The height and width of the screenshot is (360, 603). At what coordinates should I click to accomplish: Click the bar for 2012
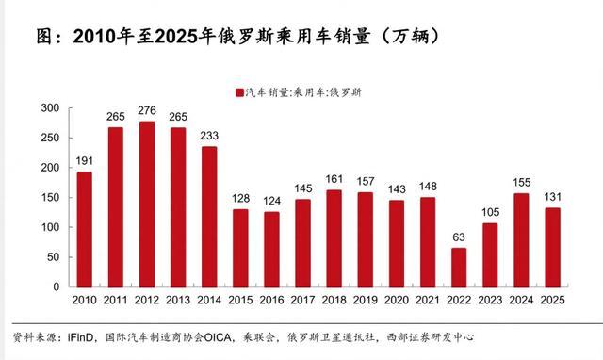coord(147,205)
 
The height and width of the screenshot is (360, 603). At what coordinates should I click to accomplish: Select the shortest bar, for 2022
coord(459,268)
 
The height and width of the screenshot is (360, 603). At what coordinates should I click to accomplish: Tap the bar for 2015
coord(240,249)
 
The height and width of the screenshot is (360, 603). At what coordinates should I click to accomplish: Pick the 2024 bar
coord(521,240)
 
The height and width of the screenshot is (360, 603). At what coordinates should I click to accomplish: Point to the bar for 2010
coord(84,230)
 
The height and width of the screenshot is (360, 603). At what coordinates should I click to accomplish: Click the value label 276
coord(147,110)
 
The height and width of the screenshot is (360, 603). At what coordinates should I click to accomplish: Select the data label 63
coord(459,237)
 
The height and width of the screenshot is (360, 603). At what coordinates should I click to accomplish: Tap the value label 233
coord(209,136)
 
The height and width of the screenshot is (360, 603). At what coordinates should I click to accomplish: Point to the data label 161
coord(334,179)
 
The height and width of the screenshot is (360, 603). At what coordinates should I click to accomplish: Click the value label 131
coord(553,197)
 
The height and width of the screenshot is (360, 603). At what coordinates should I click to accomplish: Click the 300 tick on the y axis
coord(50,108)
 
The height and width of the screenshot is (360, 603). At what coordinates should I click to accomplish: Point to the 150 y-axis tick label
coord(50,197)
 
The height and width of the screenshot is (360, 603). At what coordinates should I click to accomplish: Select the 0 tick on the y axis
coord(57,286)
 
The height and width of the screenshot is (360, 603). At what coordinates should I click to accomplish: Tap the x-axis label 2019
coord(366,300)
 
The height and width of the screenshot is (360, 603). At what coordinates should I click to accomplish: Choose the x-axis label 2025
coord(553,300)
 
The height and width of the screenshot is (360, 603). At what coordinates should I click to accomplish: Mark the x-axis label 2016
coord(271,300)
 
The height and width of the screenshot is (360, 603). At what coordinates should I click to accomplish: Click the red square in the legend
coord(240,92)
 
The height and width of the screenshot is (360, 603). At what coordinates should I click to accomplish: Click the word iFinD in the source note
coord(80,337)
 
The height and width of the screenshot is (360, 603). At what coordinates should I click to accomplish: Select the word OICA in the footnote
coord(218,337)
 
